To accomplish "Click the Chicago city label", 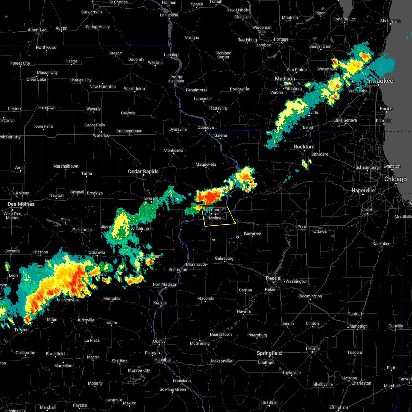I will click(x=396, y=179).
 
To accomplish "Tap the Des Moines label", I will click(x=21, y=204).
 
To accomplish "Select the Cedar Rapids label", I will click(x=143, y=171).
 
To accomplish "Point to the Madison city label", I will click(x=285, y=79).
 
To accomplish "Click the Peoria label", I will click(x=273, y=278).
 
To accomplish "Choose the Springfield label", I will click(x=270, y=353).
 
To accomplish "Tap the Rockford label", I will click(x=304, y=147).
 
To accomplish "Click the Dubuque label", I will click(x=206, y=127).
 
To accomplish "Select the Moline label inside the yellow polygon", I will click(x=215, y=218).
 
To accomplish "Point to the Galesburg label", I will click(x=224, y=258).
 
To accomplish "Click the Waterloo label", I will click(x=101, y=135).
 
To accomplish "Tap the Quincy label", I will click(x=159, y=341).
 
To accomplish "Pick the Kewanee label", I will click(x=252, y=233).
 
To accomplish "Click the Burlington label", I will click(x=178, y=270).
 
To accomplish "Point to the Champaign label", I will click(x=357, y=326).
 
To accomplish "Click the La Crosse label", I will click(x=169, y=15).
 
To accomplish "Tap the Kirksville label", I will click(x=86, y=320).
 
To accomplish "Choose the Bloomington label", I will click(x=310, y=296).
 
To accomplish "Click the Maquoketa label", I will click(x=206, y=164).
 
